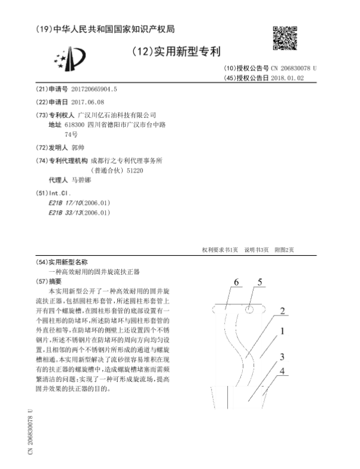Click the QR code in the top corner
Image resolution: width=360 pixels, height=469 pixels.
click(x=286, y=40)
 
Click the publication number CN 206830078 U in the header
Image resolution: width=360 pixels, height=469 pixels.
click(x=294, y=69)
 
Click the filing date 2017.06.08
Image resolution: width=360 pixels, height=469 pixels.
click(x=87, y=102)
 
